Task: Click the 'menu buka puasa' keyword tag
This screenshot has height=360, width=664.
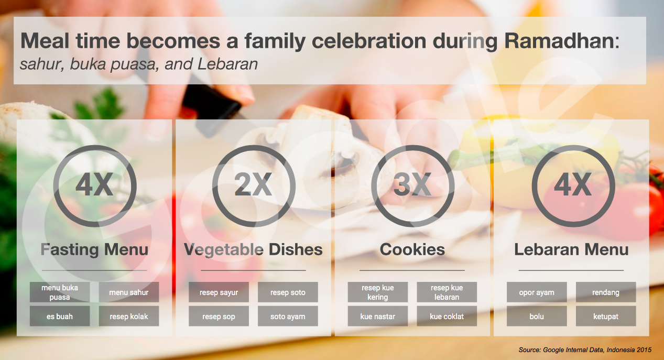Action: click(x=60, y=292)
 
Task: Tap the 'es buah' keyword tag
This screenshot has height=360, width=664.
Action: click(x=60, y=317)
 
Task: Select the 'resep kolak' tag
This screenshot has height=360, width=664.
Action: click(x=128, y=317)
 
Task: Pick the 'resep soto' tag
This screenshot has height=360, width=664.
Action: click(x=288, y=292)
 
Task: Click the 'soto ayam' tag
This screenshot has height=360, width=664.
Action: click(x=288, y=317)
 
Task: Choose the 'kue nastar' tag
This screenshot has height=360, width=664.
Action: click(x=378, y=317)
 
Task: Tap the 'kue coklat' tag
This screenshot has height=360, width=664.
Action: click(x=447, y=317)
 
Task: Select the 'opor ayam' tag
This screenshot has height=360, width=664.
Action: click(x=537, y=292)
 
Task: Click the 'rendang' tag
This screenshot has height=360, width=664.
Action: click(x=606, y=292)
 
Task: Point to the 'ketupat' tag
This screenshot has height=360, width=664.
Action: click(x=606, y=317)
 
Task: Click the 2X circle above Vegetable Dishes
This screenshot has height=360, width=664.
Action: click(x=254, y=186)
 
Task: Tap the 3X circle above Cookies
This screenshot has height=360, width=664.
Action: click(x=412, y=186)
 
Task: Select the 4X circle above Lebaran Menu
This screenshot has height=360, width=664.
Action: click(x=573, y=186)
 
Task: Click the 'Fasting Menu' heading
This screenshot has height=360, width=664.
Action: click(x=95, y=249)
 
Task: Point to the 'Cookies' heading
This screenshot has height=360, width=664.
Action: click(x=412, y=249)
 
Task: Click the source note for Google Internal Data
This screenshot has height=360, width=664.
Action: click(x=585, y=350)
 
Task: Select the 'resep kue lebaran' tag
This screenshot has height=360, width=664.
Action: click(x=447, y=292)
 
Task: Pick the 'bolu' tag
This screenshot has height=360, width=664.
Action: click(x=537, y=317)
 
